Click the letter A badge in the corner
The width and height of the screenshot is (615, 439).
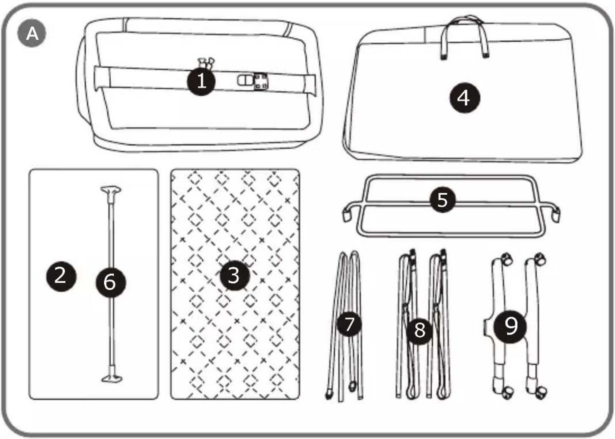click(32, 33)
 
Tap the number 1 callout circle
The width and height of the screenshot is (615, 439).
click(201, 82)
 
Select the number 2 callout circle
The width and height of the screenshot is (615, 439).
click(61, 276)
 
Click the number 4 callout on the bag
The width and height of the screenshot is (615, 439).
click(465, 98)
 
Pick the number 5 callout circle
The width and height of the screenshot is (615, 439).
click(442, 199)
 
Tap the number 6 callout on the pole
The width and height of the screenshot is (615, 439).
click(111, 282)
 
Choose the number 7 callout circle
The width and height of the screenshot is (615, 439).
click(349, 324)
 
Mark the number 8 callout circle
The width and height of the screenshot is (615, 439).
click(420, 331)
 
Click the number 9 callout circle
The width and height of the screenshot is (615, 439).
click(510, 326)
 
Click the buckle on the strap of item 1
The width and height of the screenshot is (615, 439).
click(252, 81)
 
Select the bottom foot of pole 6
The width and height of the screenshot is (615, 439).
click(112, 379)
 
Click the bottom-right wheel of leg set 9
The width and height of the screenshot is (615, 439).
click(541, 393)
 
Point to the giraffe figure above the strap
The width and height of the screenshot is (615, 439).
click(206, 63)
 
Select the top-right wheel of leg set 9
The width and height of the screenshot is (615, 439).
click(540, 259)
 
